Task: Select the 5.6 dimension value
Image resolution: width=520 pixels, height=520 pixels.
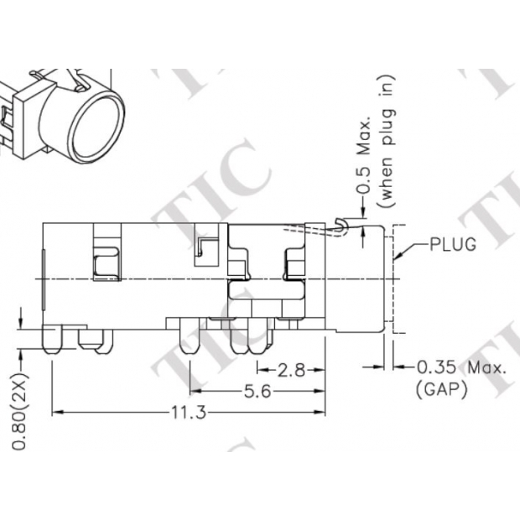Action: [x=257, y=392]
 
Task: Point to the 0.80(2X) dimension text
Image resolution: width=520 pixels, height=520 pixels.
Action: [x=19, y=405]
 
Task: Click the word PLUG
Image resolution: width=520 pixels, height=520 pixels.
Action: [x=453, y=245]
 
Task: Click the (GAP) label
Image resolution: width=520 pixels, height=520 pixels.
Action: [x=440, y=389]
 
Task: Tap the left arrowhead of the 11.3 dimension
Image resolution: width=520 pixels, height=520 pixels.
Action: [x=56, y=413]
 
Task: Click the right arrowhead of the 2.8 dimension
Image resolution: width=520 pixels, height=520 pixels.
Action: [x=323, y=370]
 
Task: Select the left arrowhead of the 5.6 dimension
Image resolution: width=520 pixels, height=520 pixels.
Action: [x=194, y=392]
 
